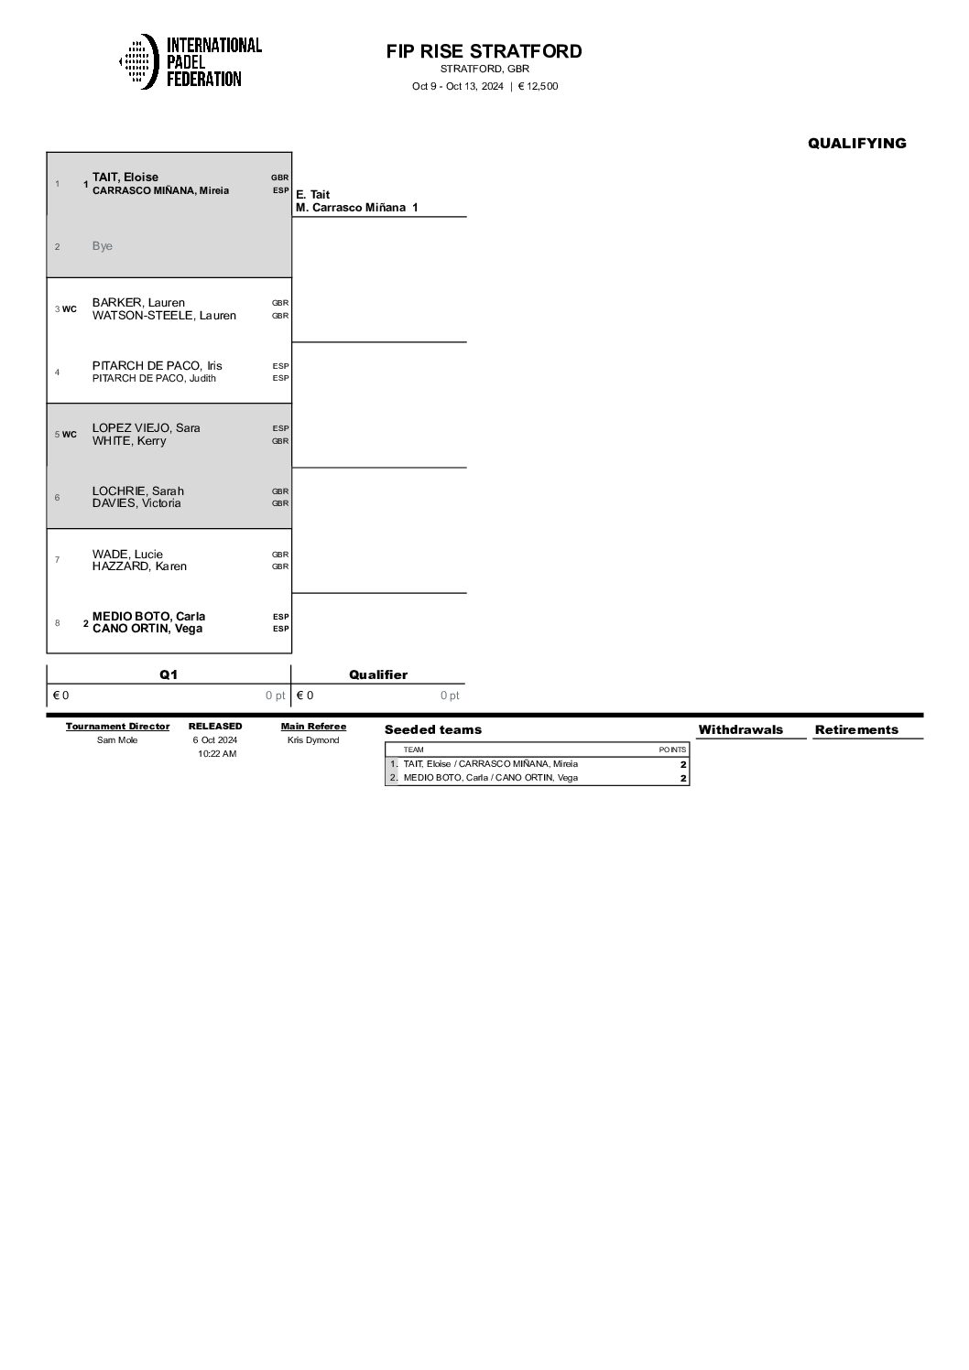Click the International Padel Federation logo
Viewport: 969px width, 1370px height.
191,61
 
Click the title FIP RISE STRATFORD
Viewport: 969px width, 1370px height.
484,51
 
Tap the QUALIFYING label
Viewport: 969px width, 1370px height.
856,143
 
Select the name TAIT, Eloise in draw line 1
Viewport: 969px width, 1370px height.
125,178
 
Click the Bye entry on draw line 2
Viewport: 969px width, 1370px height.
103,246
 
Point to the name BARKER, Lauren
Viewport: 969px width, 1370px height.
138,303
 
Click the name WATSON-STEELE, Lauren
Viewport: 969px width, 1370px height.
164,316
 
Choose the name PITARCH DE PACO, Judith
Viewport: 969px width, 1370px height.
154,378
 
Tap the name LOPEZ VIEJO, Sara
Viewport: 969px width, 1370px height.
146,428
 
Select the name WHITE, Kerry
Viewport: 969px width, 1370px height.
129,441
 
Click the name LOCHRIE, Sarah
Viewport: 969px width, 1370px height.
138,491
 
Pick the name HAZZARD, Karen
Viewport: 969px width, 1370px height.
139,566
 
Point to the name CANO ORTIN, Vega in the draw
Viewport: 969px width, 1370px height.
147,629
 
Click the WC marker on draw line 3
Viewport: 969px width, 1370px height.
70,309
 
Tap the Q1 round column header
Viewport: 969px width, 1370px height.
169,674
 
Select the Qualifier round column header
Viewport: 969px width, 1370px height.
378,674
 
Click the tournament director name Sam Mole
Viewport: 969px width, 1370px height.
117,740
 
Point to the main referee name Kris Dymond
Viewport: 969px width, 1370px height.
313,740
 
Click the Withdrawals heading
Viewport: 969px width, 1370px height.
740,729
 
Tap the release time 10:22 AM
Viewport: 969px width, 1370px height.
217,754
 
